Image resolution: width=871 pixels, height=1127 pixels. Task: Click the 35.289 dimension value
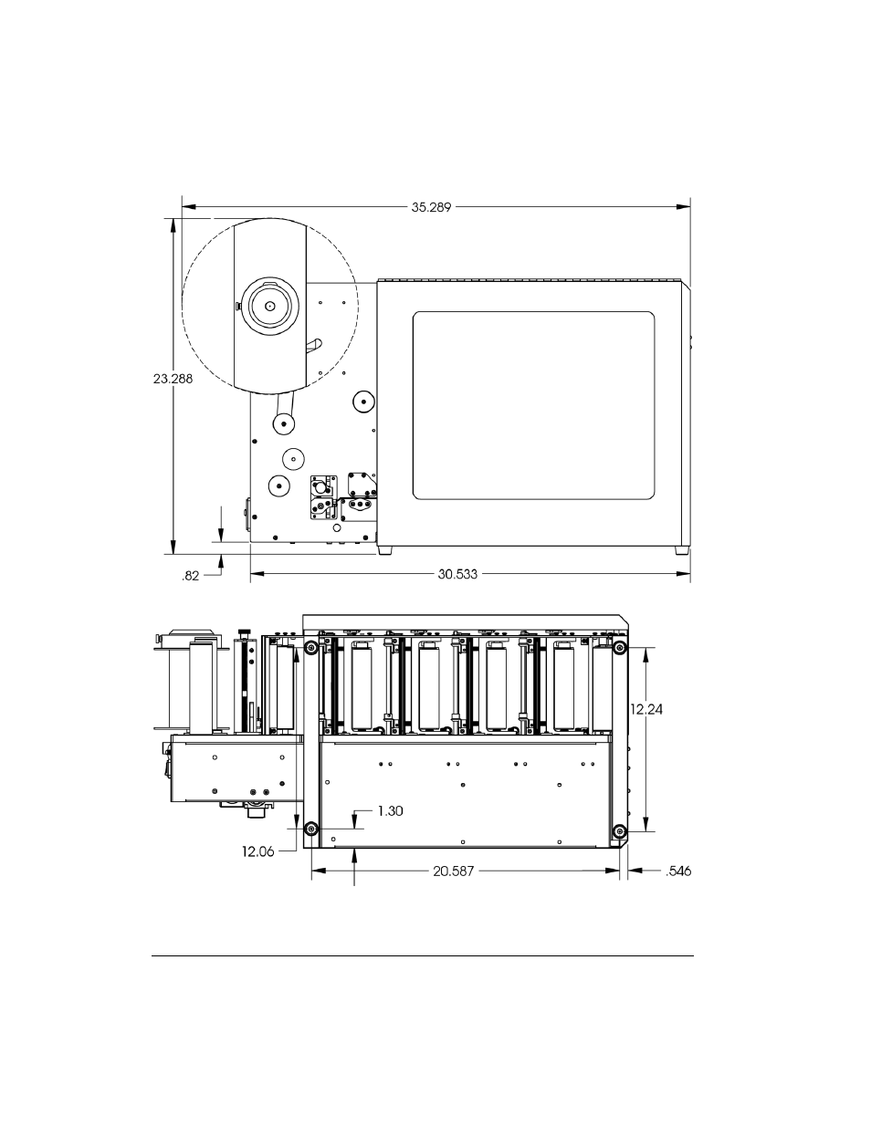point(431,207)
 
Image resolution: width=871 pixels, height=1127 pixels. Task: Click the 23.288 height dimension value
point(173,379)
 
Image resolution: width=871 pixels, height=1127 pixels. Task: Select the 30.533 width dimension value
point(457,575)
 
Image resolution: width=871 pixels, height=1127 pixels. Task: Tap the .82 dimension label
point(191,576)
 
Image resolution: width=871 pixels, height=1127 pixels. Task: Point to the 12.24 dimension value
point(646,708)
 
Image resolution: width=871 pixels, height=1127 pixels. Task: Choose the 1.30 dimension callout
point(390,810)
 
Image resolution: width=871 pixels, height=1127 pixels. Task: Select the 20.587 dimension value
point(456,871)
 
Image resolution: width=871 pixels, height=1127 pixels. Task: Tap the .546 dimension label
point(678,871)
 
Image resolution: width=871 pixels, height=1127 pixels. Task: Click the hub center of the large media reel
point(269,307)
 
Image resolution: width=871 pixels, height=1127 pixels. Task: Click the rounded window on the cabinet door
point(534,406)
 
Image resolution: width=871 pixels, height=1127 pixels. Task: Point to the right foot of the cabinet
point(681,550)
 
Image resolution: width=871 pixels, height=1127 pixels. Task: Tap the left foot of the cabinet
point(385,550)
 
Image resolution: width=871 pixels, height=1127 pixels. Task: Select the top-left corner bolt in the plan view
point(312,648)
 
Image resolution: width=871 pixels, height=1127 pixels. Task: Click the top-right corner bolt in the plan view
point(620,648)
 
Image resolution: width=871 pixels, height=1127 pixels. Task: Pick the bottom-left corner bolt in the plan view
point(312,830)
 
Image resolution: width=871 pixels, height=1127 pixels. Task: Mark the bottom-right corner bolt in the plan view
point(620,830)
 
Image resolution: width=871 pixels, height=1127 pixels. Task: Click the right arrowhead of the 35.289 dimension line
point(683,207)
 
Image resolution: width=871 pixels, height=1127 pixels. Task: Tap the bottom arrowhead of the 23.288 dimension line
point(173,548)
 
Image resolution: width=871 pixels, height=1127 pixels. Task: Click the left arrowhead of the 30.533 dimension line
point(257,575)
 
